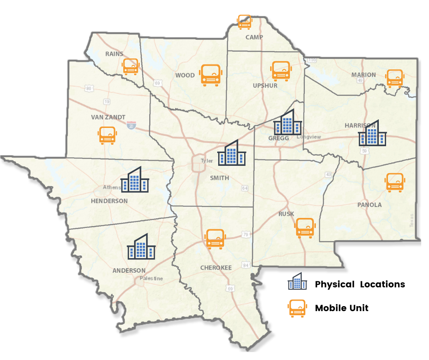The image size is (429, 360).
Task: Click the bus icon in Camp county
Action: coord(245,21)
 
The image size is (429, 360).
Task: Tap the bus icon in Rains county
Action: coord(131,67)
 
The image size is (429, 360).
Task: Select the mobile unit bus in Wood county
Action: coord(211,75)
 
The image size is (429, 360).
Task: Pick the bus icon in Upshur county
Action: coord(281,71)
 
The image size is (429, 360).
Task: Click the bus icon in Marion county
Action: coord(395,78)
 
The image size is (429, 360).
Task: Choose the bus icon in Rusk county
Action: coord(305,228)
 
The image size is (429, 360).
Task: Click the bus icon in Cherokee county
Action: coord(214,238)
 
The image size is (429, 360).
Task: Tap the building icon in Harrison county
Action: coord(372,133)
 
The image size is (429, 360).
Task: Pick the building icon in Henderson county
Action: coord(135,179)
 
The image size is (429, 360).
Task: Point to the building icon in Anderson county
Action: coord(141,247)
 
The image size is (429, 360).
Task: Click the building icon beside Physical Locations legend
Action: coord(297,281)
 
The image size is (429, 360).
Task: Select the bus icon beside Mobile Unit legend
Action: coord(297,308)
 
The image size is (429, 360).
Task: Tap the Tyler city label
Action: coord(207,161)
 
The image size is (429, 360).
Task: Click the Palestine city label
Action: coord(151,278)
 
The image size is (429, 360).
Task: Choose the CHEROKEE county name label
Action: coord(216,267)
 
